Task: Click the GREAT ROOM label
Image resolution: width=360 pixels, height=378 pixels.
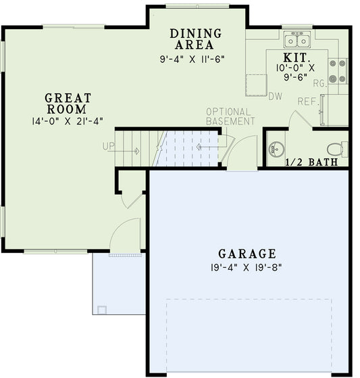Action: (66, 103)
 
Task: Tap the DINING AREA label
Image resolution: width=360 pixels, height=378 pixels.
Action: (196, 39)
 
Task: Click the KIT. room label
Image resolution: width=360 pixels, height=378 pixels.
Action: (297, 58)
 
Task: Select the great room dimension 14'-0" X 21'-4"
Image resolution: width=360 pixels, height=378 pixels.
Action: (66, 122)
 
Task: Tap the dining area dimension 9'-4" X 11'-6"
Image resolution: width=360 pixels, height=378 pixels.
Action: (192, 59)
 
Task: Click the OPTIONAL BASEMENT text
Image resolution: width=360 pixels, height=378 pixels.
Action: (230, 116)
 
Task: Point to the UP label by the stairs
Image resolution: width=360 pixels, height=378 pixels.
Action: (109, 146)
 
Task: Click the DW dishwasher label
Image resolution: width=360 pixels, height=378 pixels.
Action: (274, 97)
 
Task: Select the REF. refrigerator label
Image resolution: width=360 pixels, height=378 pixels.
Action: (308, 101)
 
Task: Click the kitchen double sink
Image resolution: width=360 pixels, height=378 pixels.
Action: (297, 38)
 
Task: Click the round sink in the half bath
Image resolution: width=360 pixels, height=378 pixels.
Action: (277, 148)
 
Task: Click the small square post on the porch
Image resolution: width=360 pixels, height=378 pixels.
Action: (101, 310)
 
